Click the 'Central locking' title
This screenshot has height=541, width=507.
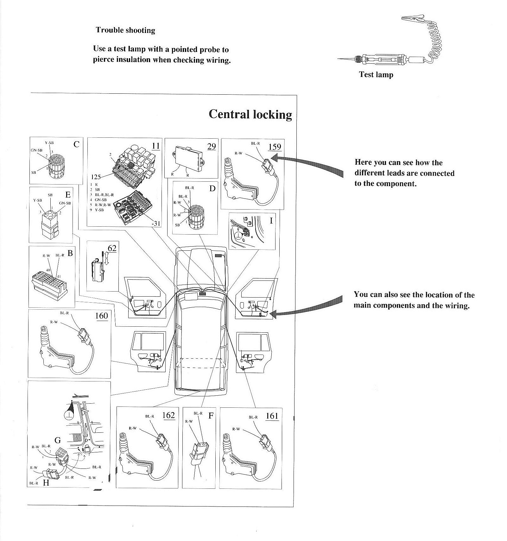[x=250, y=114]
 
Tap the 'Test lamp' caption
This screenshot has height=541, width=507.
[x=376, y=75]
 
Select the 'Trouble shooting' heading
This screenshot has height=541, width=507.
[x=125, y=30]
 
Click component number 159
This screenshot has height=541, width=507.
[x=275, y=147]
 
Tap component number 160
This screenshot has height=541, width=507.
[x=102, y=316]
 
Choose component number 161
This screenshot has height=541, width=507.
[x=272, y=416]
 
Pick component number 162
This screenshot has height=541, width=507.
[x=168, y=415]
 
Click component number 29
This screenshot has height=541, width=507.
[x=212, y=146]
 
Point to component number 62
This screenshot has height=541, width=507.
[x=112, y=248]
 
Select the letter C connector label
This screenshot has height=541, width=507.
[x=76, y=144]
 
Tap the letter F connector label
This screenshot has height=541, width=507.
[x=211, y=416]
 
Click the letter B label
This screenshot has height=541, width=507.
[x=70, y=253]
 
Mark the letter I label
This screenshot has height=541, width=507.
[x=271, y=221]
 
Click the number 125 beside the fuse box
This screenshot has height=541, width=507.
[x=96, y=177]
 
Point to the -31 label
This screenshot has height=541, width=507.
[x=156, y=223]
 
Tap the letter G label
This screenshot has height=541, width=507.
[x=58, y=440]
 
